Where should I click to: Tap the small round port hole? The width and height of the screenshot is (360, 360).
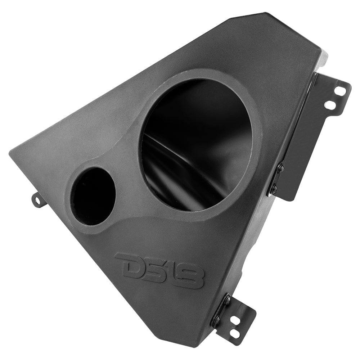click(x=93, y=196)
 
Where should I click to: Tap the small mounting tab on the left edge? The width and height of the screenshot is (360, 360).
click(x=38, y=199)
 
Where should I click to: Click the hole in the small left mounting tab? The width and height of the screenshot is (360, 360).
click(x=36, y=199)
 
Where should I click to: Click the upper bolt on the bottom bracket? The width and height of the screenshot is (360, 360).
click(x=227, y=299)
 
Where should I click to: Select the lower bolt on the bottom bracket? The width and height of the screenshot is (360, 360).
click(x=216, y=319)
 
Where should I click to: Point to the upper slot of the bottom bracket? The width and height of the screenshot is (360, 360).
click(x=238, y=319)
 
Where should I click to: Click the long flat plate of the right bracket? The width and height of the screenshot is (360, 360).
click(x=302, y=144)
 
